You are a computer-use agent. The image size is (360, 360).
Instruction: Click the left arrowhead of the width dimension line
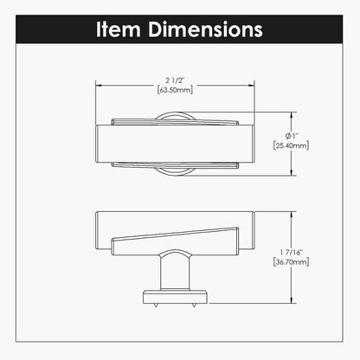pyautogui.click(x=98, y=85)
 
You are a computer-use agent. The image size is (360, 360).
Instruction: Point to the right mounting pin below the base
pyautogui.click(x=191, y=305)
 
